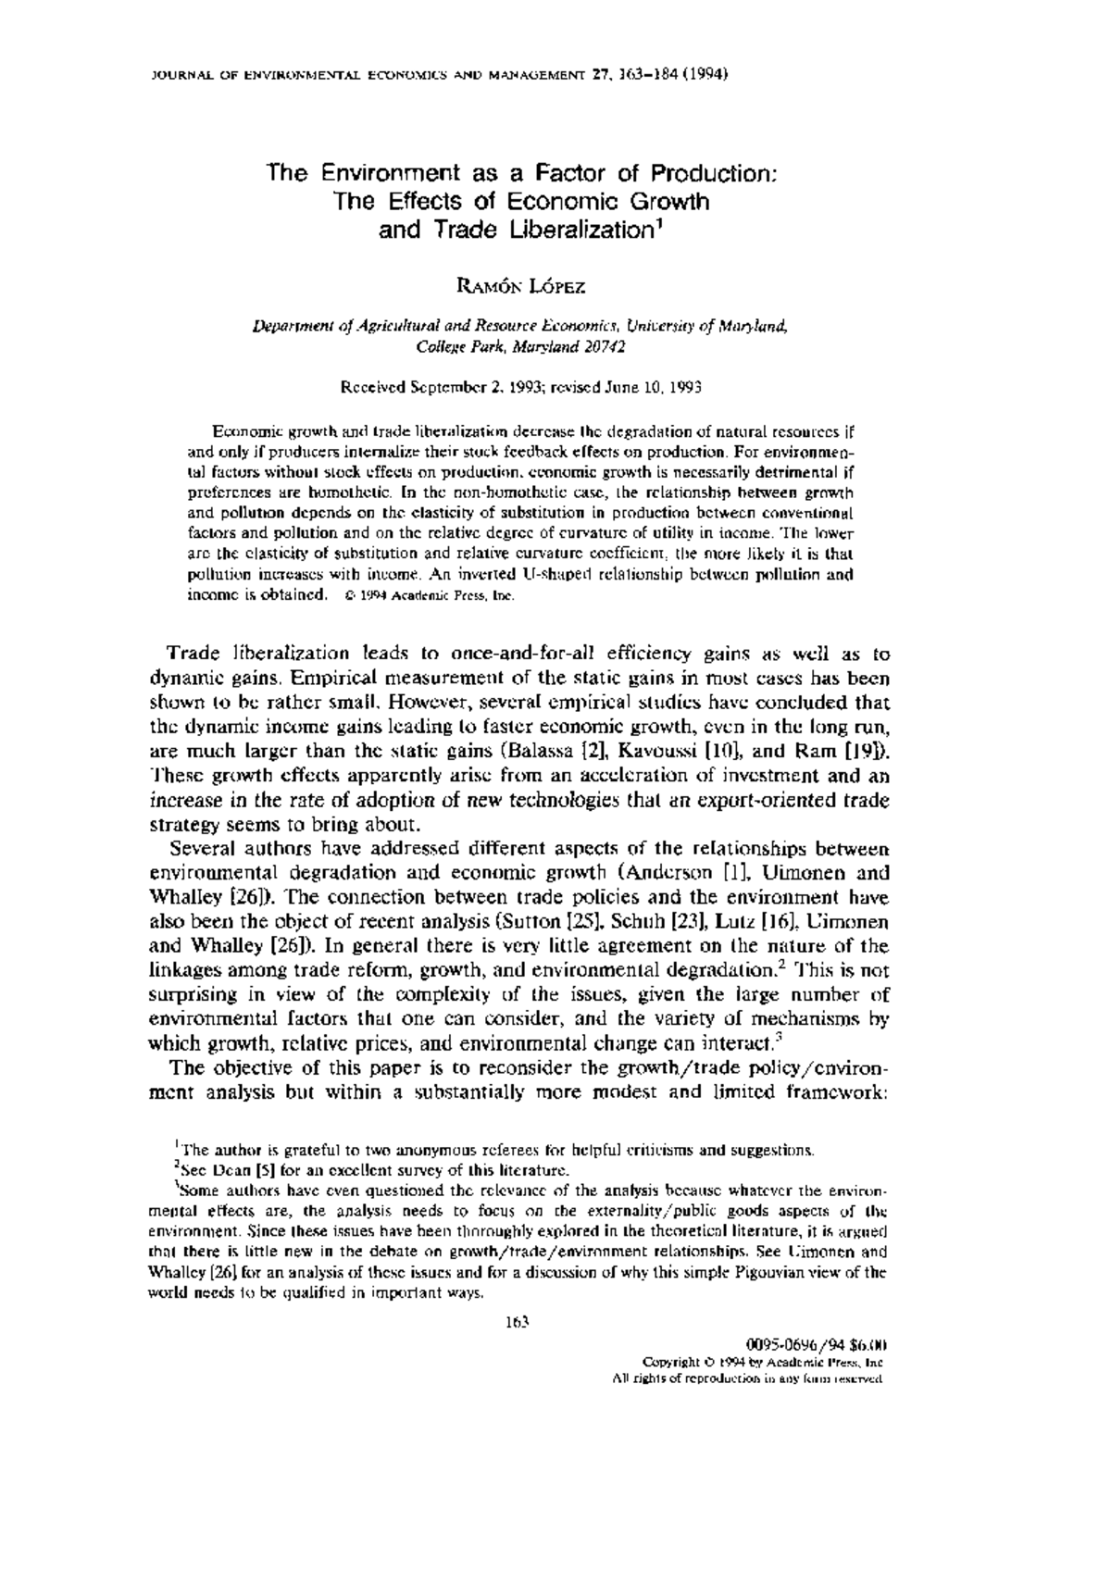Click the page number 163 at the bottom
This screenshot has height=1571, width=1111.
click(x=516, y=1321)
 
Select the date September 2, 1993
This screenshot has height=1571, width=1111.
click(x=467, y=388)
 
